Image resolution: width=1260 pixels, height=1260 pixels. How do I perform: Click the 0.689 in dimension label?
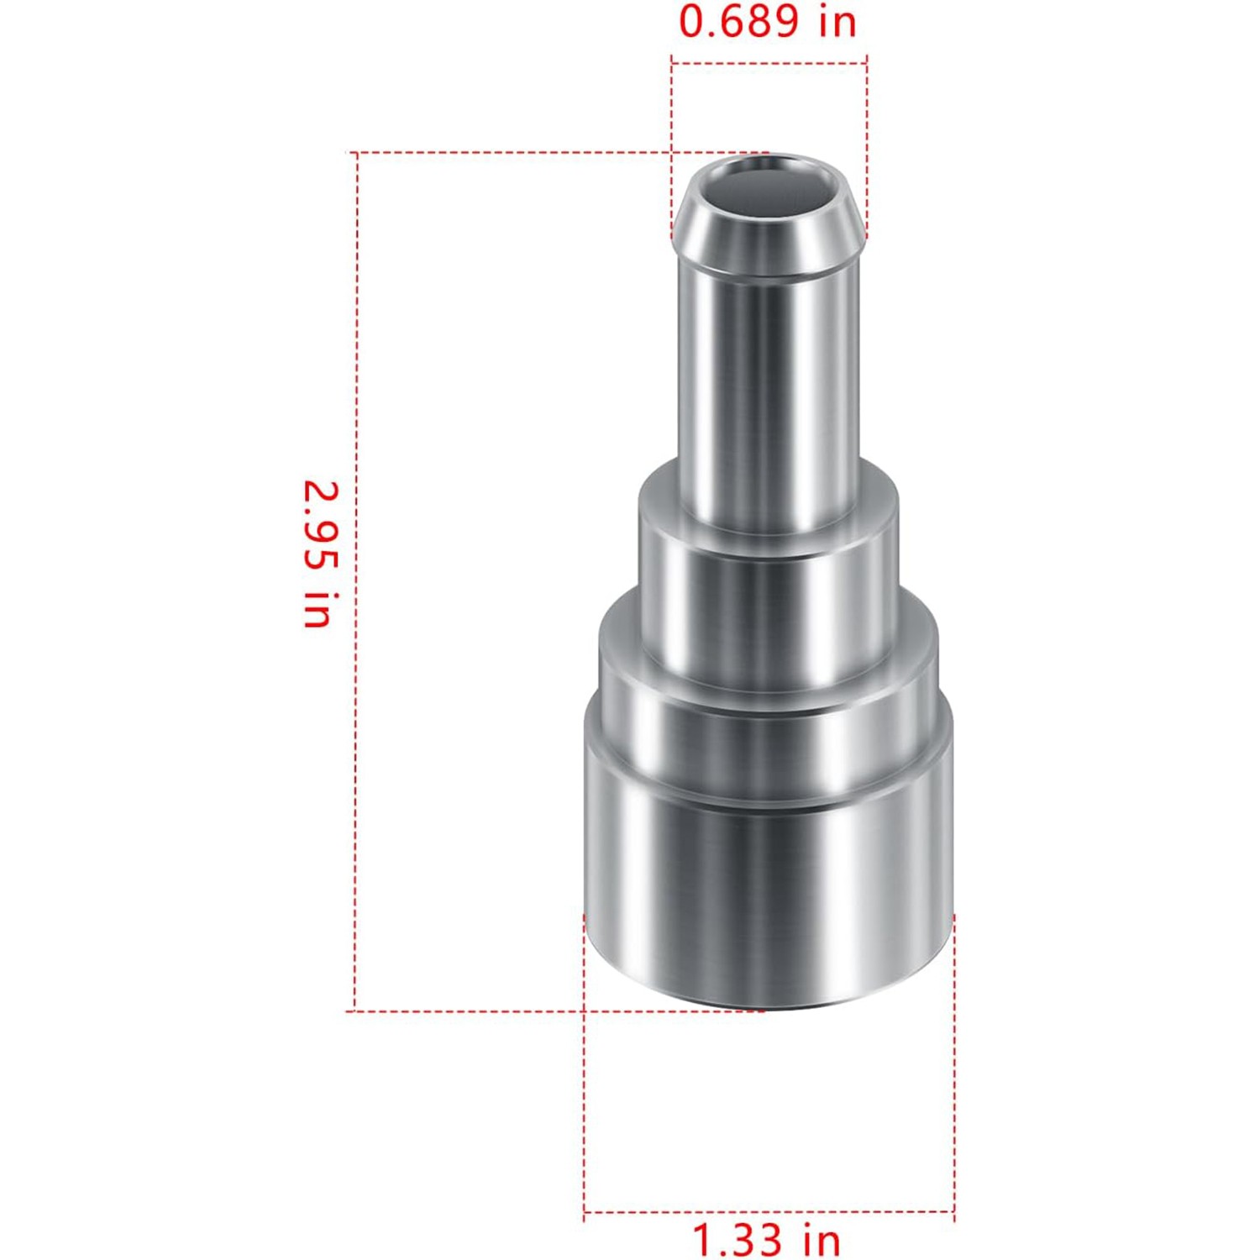pyautogui.click(x=768, y=21)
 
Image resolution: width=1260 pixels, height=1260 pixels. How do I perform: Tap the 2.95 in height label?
pyautogui.click(x=319, y=554)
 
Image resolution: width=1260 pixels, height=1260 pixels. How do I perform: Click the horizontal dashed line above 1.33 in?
pyautogui.click(x=769, y=1211)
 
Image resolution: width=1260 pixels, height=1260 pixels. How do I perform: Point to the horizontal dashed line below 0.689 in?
pyautogui.click(x=769, y=61)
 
